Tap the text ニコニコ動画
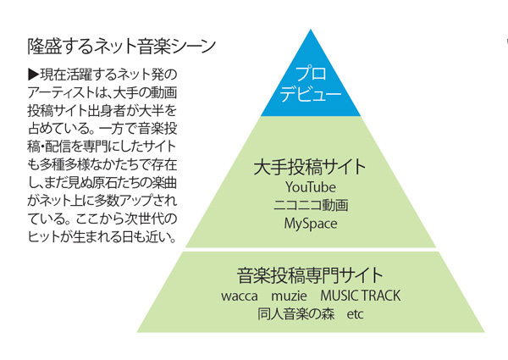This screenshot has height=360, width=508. tap(311, 206)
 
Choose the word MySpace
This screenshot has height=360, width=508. tap(311, 224)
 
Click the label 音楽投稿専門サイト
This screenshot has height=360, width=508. tap(310, 276)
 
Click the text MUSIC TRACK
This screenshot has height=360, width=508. tap(360, 296)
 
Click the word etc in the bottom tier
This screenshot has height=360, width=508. tap(355, 315)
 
